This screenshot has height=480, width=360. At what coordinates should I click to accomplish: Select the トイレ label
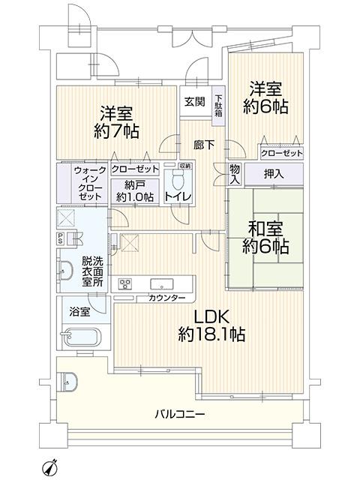178,196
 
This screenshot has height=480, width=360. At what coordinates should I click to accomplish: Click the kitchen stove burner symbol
125,284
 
